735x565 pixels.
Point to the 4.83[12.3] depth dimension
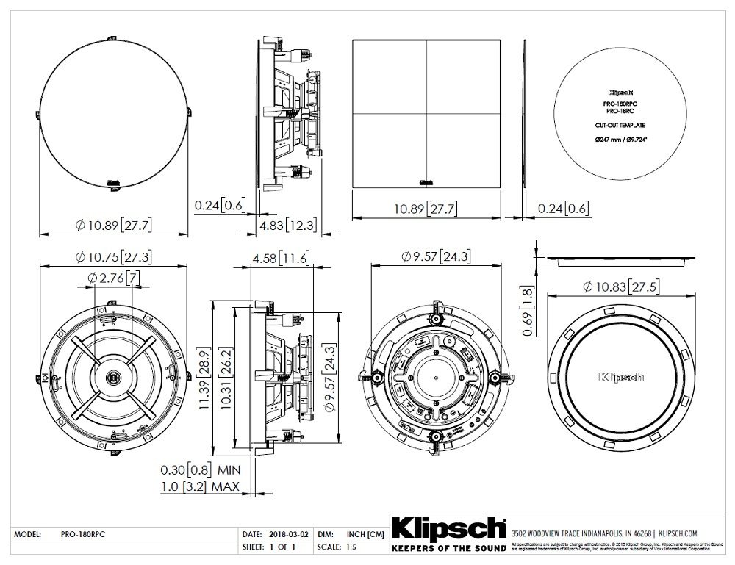[287, 224]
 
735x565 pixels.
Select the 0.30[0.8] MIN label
[201, 469]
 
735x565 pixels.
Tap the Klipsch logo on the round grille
[621, 376]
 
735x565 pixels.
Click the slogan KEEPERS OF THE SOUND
[448, 549]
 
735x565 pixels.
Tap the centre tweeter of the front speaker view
[113, 377]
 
